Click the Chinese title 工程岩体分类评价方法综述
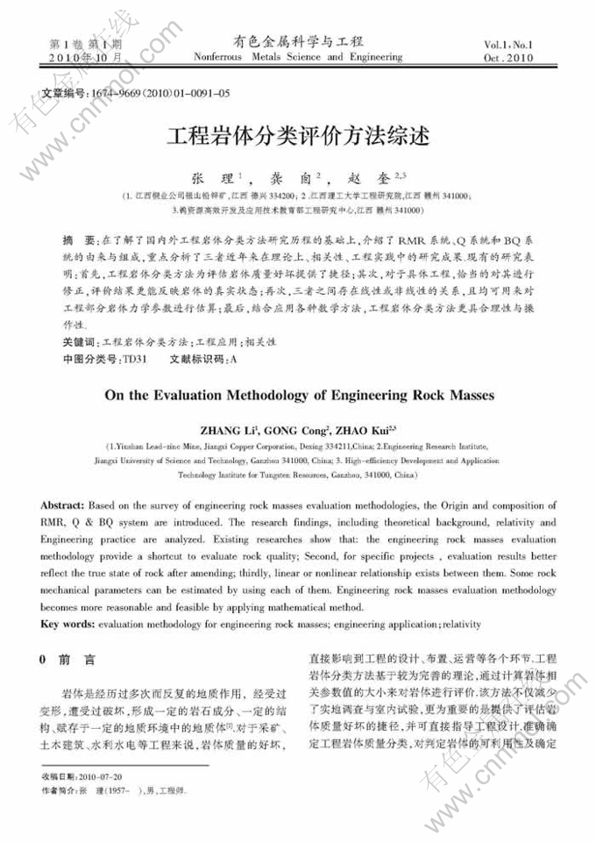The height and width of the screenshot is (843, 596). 299,137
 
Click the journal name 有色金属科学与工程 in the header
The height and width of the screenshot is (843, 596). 298,41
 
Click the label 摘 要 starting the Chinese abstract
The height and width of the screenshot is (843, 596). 80,239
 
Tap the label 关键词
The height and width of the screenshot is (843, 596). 81,340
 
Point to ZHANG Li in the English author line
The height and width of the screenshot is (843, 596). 229,431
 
